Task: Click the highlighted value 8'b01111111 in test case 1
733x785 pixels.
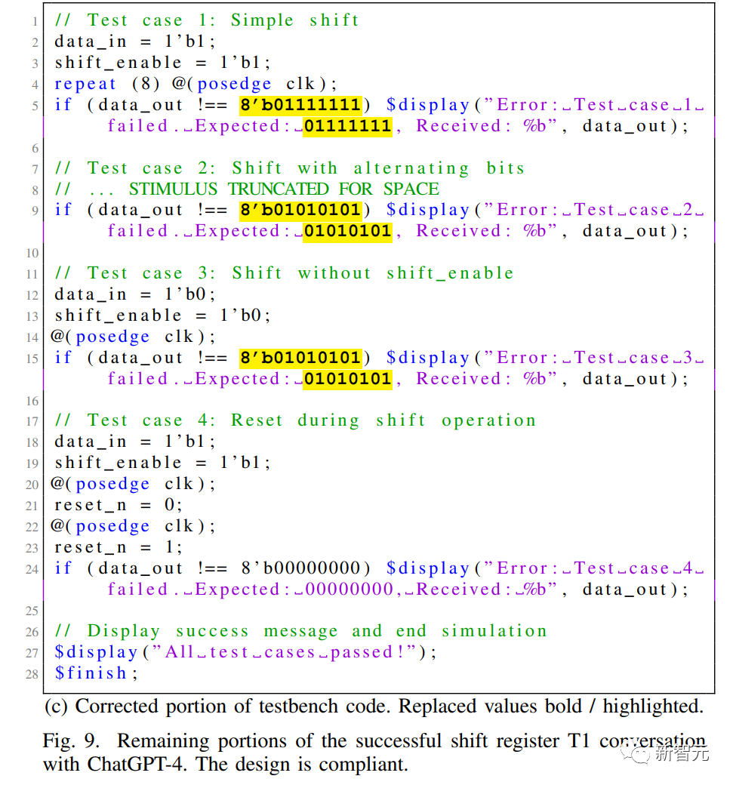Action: point(300,105)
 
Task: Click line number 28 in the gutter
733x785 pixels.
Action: point(32,674)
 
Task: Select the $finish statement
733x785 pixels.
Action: point(96,673)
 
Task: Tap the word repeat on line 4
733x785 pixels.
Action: point(85,84)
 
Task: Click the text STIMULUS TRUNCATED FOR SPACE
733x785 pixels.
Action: point(284,189)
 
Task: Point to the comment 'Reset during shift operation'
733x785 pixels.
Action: point(383,420)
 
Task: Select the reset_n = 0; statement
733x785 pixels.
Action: point(119,505)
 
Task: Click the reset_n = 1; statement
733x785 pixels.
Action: point(119,547)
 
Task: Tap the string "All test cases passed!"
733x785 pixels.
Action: point(283,652)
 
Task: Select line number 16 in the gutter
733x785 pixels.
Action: point(32,401)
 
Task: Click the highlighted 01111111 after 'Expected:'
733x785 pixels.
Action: point(347,125)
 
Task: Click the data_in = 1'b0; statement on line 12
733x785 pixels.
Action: point(135,294)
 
